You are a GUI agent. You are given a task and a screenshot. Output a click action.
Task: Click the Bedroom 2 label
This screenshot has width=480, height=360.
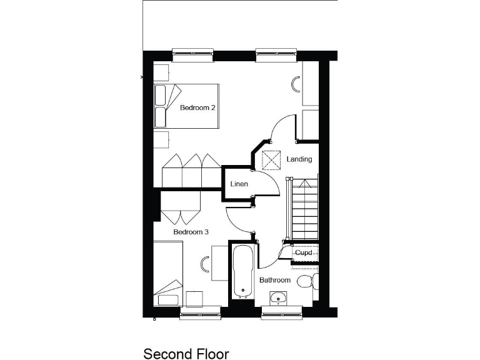[197, 107]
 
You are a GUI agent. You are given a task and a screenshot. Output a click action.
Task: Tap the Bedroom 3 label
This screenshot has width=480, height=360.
[191, 232]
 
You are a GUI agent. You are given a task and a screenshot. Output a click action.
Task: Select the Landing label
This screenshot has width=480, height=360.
[299, 159]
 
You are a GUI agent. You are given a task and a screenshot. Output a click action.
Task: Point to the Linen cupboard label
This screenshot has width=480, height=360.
[239, 184]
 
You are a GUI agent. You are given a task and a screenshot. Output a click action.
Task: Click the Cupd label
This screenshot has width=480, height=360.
[304, 252]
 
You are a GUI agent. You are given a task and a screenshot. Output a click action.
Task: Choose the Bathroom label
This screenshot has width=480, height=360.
[275, 280]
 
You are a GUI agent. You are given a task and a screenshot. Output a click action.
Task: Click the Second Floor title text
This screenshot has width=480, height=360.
[186, 354]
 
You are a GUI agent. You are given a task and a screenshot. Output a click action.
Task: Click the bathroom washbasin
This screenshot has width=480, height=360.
[279, 298]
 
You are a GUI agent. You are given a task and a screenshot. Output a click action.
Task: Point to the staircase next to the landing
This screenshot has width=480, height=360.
[302, 209]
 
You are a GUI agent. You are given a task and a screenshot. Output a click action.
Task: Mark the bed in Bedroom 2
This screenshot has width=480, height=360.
[187, 106]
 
